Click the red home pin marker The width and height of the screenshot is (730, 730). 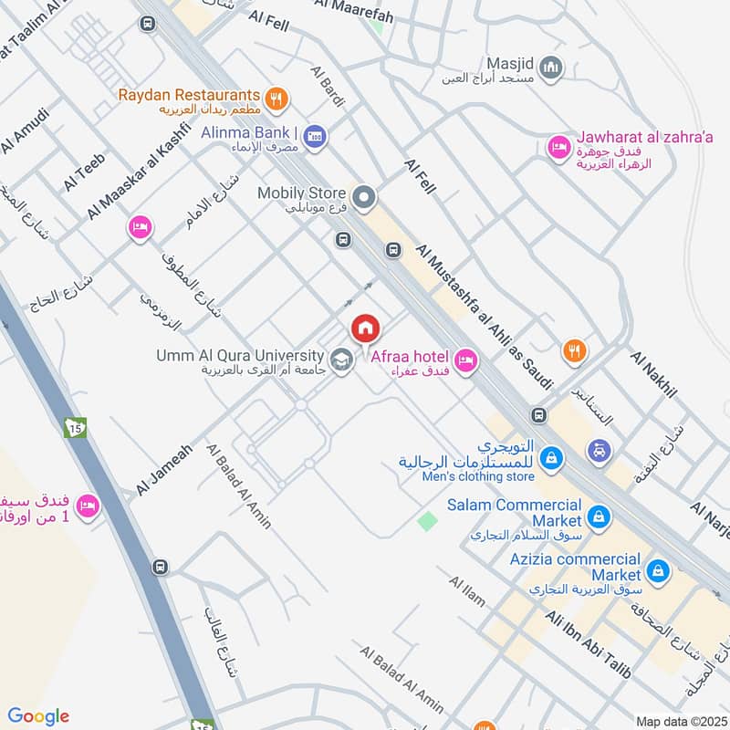[365, 328]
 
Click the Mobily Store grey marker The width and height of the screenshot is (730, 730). [364, 197]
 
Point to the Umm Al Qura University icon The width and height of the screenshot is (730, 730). [341, 360]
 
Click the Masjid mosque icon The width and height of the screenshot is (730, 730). [550, 67]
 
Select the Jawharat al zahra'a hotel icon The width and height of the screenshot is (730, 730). [558, 146]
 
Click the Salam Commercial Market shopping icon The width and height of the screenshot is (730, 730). [598, 516]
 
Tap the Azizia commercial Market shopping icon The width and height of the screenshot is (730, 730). [658, 572]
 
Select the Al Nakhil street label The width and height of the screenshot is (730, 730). [653, 373]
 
